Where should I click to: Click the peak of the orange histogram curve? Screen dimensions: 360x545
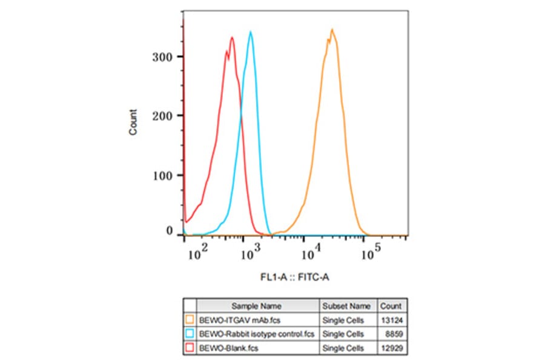pos(332,29)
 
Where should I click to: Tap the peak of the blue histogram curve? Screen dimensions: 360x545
pos(251,32)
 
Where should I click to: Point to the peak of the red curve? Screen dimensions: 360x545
pos(232,38)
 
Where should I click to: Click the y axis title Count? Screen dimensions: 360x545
pos(133,122)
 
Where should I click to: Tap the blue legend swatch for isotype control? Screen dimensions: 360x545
pos(190,334)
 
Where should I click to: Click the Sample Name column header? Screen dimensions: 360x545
pos(257,306)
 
